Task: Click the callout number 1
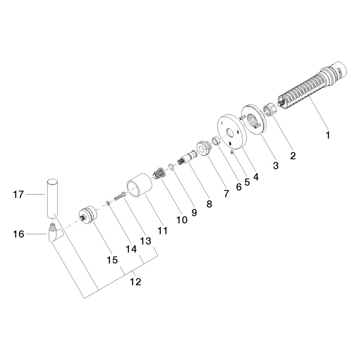click(x=328, y=135)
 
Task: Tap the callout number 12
click(x=135, y=282)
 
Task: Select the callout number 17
click(x=18, y=195)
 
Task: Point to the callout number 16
click(x=18, y=234)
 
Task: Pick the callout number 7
click(x=226, y=194)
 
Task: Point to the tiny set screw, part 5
click(x=232, y=152)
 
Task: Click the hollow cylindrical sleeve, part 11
click(x=139, y=185)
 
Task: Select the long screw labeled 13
click(x=120, y=197)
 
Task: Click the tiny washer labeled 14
click(x=108, y=203)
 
